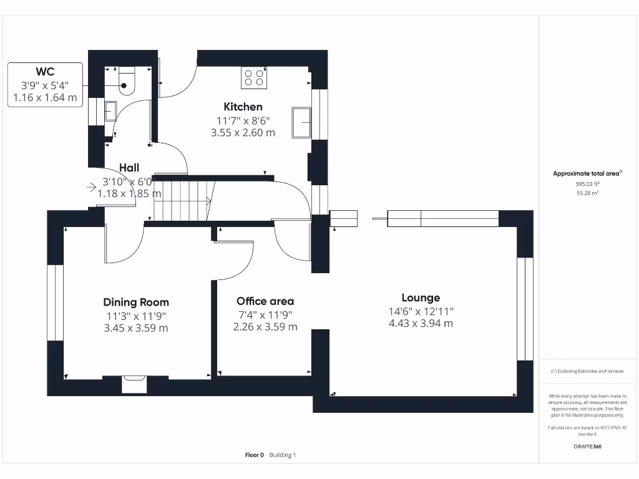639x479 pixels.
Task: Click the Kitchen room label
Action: [x=243, y=107]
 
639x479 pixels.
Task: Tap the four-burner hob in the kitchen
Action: [x=254, y=78]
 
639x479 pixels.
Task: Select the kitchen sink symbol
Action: [x=303, y=122]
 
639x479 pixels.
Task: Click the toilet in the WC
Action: [x=127, y=82]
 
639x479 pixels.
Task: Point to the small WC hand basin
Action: [x=109, y=110]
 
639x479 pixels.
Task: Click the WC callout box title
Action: [x=45, y=72]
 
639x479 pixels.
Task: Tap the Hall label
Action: [x=129, y=168]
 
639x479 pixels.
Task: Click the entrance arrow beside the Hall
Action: [x=92, y=186]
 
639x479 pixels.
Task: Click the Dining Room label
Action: [x=136, y=302]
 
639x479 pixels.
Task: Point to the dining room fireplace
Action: [x=134, y=384]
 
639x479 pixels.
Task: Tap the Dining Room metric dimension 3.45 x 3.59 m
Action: [x=136, y=328]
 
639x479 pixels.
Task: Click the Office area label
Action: [x=265, y=301]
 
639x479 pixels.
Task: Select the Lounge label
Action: [x=421, y=298]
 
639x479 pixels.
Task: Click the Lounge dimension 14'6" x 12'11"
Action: [x=421, y=311]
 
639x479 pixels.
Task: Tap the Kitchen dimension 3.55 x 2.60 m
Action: [x=243, y=132]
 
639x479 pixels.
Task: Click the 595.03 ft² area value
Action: [x=588, y=184]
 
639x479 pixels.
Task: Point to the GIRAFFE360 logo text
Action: [x=588, y=447]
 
